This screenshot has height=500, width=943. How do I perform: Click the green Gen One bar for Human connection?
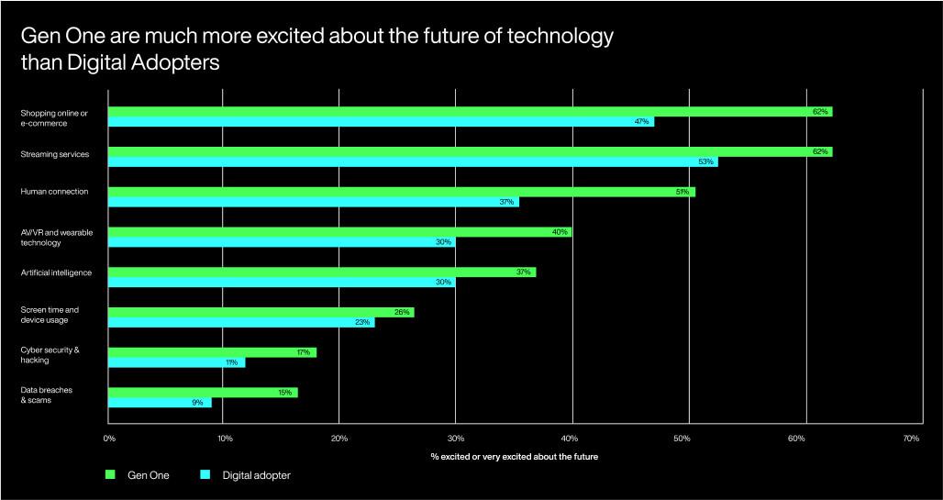(402, 192)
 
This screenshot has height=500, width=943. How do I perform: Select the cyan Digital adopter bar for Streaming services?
(413, 161)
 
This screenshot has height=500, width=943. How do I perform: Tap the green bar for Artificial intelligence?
(322, 272)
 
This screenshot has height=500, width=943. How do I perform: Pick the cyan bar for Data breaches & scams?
(160, 402)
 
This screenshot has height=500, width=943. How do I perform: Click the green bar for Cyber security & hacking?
(212, 352)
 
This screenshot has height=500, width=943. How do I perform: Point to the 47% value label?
(642, 121)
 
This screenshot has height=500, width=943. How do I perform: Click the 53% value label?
(705, 161)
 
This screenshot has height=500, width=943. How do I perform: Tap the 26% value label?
(402, 312)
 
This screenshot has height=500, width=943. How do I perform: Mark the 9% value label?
(197, 402)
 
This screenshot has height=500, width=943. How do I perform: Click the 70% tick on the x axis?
(911, 439)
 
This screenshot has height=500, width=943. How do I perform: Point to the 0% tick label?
(109, 439)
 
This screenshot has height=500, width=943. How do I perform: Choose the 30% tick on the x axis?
(455, 439)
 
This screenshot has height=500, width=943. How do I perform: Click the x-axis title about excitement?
(514, 457)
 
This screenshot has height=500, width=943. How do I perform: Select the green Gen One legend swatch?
(111, 475)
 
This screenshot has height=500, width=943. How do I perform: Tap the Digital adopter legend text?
(256, 475)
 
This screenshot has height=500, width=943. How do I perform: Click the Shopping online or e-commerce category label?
(54, 117)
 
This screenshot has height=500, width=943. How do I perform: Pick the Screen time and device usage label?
(50, 315)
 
